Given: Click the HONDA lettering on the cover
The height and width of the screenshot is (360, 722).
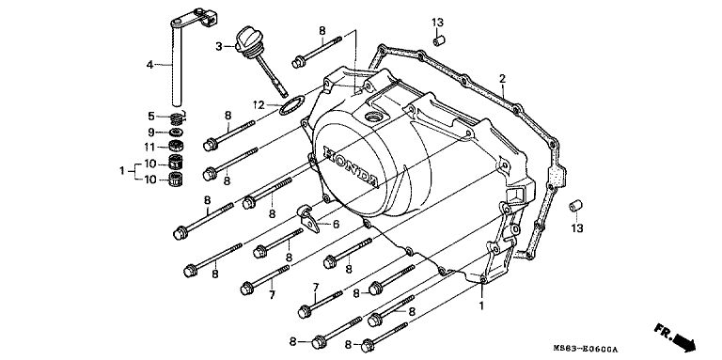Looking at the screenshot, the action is [x=353, y=166].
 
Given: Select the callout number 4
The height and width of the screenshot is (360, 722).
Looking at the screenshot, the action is [x=149, y=65].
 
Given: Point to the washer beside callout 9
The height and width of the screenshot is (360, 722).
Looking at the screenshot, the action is [x=175, y=133].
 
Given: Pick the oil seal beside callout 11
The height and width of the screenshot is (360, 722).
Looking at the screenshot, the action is [x=175, y=147].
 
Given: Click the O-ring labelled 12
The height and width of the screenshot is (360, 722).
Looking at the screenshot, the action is [x=291, y=106].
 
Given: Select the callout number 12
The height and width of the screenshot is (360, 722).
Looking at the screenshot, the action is [x=259, y=105].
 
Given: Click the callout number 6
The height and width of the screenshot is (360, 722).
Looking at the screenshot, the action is [x=337, y=225].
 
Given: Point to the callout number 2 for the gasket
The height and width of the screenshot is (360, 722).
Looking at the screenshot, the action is [x=502, y=79].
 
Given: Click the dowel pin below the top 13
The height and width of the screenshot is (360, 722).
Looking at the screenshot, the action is [x=439, y=40].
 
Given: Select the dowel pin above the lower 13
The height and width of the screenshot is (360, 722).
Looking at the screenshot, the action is [x=575, y=206].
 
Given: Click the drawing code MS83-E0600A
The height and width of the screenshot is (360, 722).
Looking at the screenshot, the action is [x=586, y=350].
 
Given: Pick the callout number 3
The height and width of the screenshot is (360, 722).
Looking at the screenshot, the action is [x=219, y=46].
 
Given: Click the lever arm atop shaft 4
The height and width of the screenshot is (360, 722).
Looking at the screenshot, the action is [x=194, y=19].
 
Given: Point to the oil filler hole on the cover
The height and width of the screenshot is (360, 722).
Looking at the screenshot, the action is [x=374, y=117].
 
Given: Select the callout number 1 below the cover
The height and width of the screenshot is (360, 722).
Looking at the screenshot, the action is [x=481, y=305].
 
